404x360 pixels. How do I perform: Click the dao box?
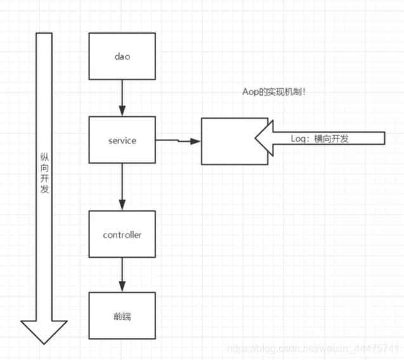[122, 56]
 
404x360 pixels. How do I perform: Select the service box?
[122, 140]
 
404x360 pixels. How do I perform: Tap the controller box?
[122, 235]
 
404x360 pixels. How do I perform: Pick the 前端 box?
[122, 316]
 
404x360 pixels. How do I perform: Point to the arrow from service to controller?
[122, 187]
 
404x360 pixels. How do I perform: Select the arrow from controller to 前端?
[122, 275]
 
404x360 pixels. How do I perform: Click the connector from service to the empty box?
[178, 140]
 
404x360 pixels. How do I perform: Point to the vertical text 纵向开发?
[44, 172]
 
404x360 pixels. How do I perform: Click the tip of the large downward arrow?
[44, 342]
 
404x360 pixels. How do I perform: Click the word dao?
[122, 56]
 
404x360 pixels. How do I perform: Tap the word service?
[122, 141]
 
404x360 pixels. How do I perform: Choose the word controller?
[122, 235]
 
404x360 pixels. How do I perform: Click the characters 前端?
[122, 316]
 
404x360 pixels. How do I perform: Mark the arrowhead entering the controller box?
[122, 207]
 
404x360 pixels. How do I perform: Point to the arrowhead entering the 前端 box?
[122, 288]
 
